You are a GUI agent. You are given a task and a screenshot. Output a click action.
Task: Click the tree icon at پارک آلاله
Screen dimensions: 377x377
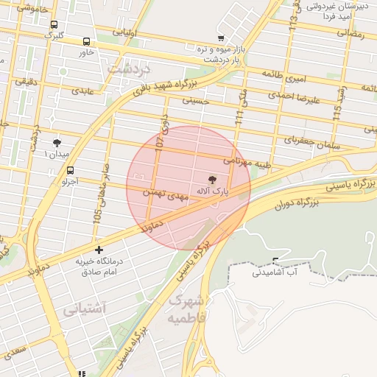pyautogui.click(x=213, y=180)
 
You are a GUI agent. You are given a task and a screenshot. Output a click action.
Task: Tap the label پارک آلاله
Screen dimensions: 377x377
pyautogui.click(x=212, y=191)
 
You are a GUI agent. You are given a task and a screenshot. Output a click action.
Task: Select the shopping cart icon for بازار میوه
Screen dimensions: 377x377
pyautogui.click(x=221, y=38)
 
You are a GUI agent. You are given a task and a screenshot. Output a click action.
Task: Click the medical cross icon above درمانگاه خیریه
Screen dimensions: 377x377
pyautogui.click(x=99, y=250)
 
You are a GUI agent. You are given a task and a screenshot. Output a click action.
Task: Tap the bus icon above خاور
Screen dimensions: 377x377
pyautogui.click(x=87, y=42)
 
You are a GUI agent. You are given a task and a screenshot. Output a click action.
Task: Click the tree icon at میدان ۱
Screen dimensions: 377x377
pyautogui.click(x=57, y=142)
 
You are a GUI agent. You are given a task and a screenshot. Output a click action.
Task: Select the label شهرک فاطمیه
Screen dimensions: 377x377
pyautogui.click(x=186, y=309)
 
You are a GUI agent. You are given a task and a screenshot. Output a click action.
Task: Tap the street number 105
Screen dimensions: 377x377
pyautogui.click(x=96, y=216)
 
